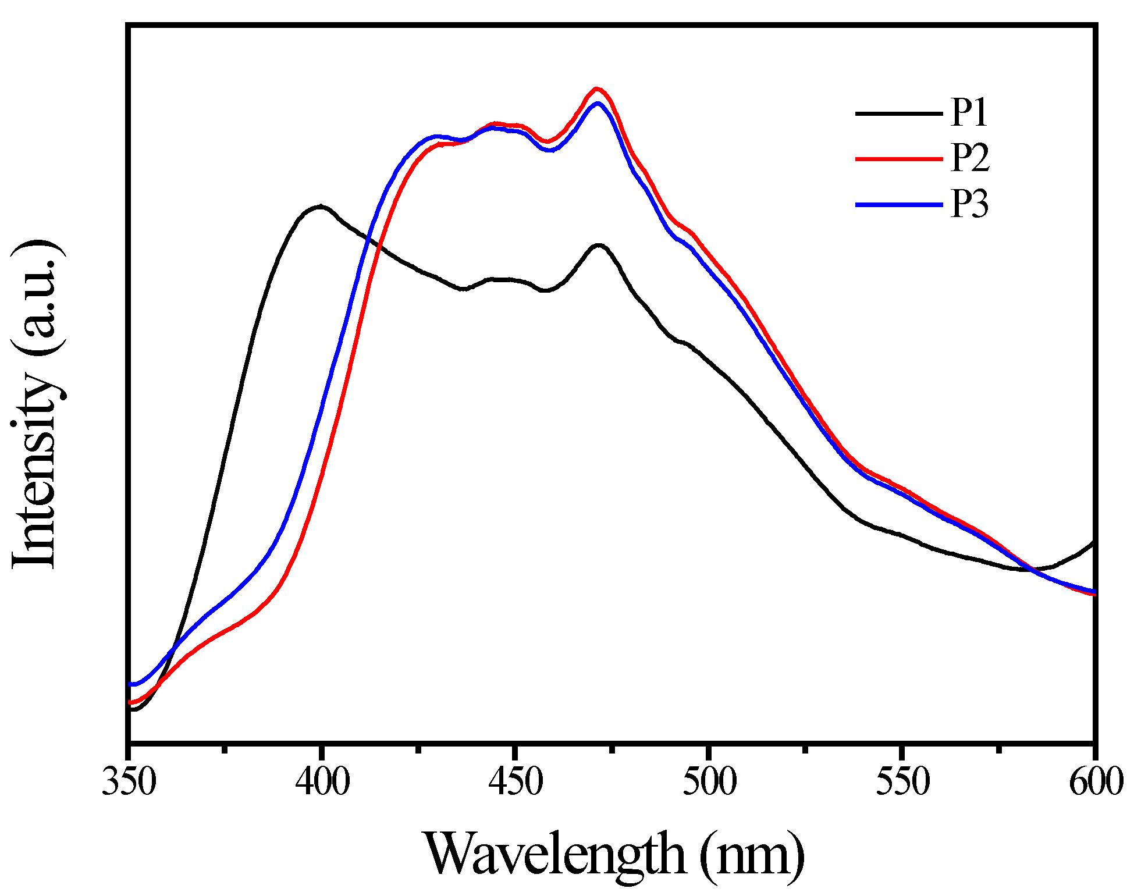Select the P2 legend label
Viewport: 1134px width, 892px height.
969,158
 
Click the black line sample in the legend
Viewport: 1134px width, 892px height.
898,113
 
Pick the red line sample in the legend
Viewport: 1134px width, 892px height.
898,158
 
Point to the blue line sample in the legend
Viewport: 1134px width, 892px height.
898,204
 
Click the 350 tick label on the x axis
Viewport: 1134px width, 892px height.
129,781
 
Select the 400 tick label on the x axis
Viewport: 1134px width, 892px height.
322,781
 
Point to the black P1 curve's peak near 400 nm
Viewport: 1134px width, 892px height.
320,207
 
